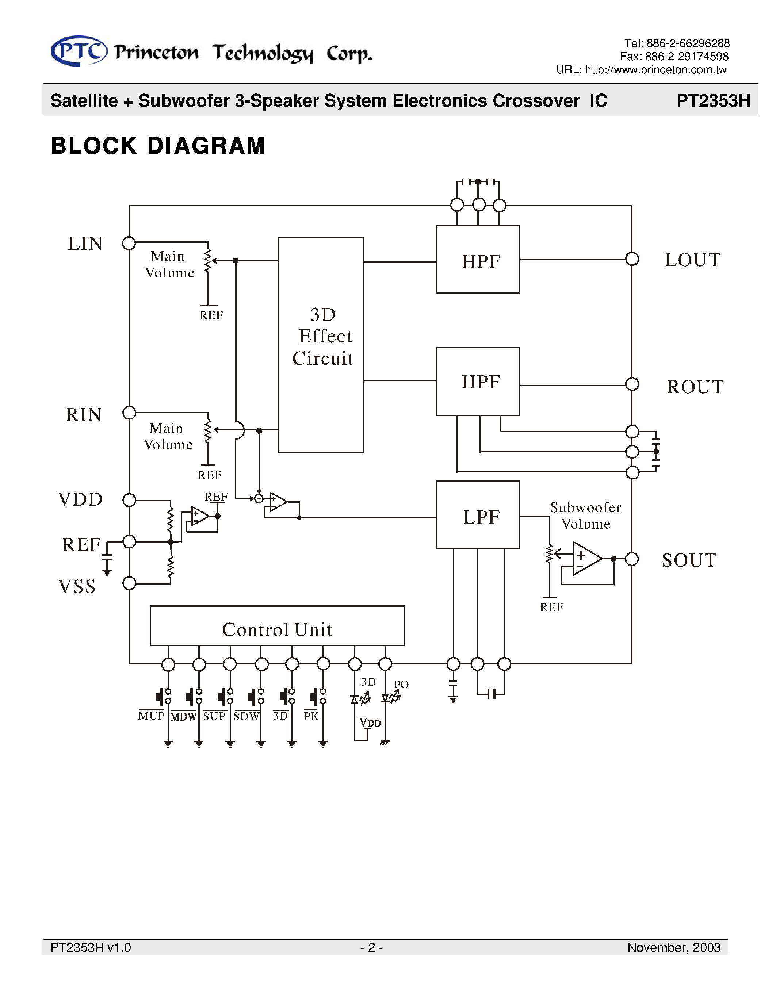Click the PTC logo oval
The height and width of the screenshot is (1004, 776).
pyautogui.click(x=79, y=51)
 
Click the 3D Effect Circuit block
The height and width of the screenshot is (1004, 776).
pyautogui.click(x=321, y=344)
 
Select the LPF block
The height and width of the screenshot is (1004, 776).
pyautogui.click(x=478, y=515)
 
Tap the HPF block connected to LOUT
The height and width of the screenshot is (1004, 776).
pyautogui.click(x=478, y=259)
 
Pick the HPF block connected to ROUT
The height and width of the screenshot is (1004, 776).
pyautogui.click(x=478, y=381)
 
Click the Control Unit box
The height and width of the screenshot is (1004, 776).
pyautogui.click(x=277, y=626)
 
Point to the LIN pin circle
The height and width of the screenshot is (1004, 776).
pyautogui.click(x=129, y=243)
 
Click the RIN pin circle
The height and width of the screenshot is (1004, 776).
pyautogui.click(x=129, y=413)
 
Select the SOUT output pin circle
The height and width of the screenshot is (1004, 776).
pyautogui.click(x=632, y=559)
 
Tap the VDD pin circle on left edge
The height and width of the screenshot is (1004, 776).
pyautogui.click(x=129, y=500)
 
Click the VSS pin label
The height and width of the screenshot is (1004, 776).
pyautogui.click(x=77, y=587)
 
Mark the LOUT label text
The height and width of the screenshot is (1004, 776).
pyautogui.click(x=692, y=260)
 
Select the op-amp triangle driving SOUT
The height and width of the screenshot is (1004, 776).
pyautogui.click(x=586, y=559)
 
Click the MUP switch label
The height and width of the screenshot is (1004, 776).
pyautogui.click(x=151, y=716)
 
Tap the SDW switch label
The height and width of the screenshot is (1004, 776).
pyautogui.click(x=246, y=716)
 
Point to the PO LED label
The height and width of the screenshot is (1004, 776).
pyautogui.click(x=401, y=684)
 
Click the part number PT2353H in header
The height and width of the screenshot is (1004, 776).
pyautogui.click(x=713, y=100)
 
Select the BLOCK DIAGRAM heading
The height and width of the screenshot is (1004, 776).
pyautogui.click(x=158, y=146)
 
